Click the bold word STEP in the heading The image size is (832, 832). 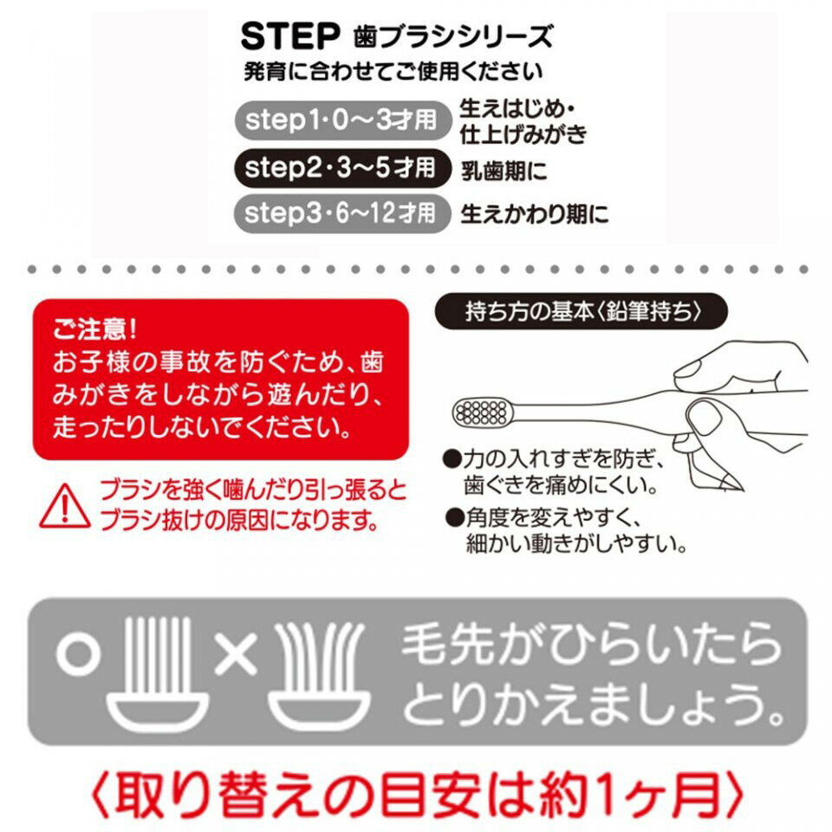click(288, 36)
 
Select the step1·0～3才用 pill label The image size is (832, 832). click(341, 120)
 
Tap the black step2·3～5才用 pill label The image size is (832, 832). click(341, 166)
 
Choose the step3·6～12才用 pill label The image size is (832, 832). click(341, 212)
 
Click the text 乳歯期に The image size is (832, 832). click(504, 171)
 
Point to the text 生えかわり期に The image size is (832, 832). click(534, 213)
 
